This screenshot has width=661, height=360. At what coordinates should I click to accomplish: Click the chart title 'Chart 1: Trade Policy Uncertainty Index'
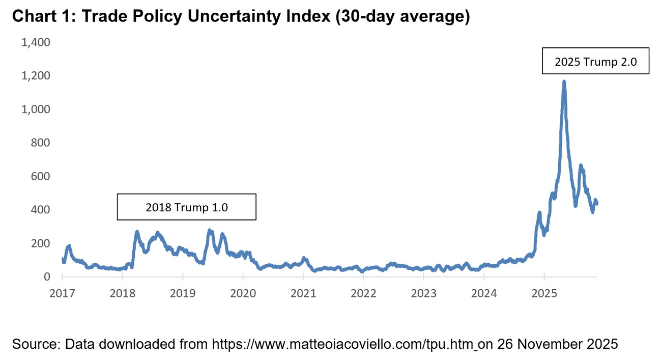click(x=240, y=16)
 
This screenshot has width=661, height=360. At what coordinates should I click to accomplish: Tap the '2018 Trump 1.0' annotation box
click(x=186, y=207)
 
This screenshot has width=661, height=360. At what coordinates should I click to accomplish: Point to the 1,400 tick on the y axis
click(x=36, y=42)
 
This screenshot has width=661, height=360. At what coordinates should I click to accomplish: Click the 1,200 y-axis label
click(x=36, y=76)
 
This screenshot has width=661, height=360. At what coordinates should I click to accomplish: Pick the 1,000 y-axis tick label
click(x=36, y=109)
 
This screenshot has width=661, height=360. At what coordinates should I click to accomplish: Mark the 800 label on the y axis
click(x=40, y=143)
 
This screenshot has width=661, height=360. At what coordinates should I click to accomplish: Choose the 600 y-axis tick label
click(x=40, y=176)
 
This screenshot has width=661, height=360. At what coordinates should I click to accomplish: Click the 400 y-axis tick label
click(x=40, y=210)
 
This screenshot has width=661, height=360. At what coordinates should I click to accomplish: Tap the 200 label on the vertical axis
click(x=40, y=243)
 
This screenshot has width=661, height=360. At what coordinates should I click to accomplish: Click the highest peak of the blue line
click(x=564, y=81)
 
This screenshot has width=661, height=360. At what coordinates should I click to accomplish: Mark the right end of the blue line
click(x=596, y=204)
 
